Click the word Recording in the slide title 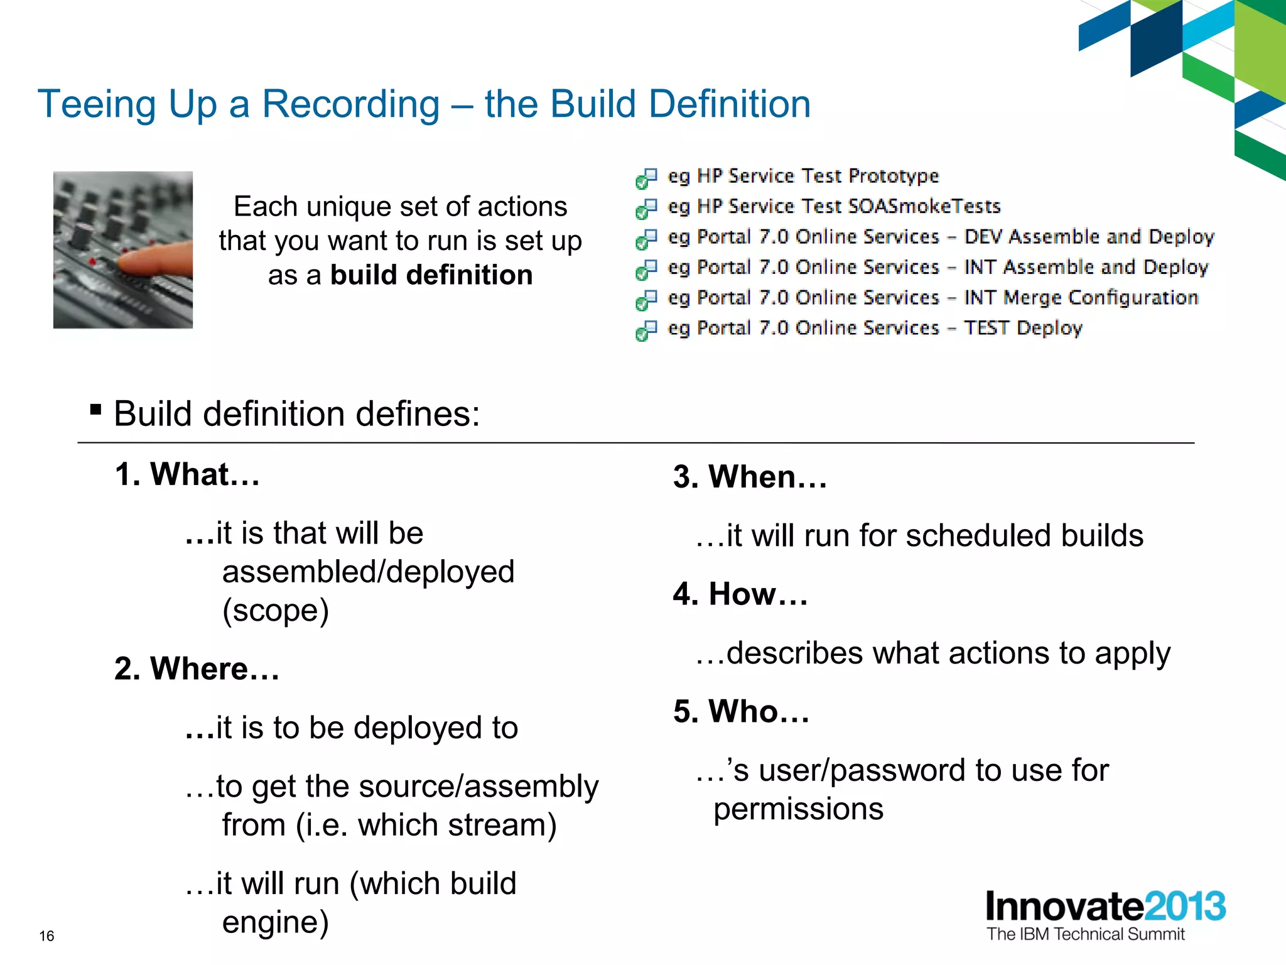(350, 104)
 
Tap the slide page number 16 (46, 936)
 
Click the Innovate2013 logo (1105, 906)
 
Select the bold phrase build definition (431, 275)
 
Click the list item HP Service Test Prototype (802, 176)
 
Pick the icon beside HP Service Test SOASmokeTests (646, 209)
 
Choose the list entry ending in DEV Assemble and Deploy (941, 237)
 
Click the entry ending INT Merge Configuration (933, 298)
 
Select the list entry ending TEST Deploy (875, 328)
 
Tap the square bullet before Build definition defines (95, 410)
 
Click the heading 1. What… (187, 474)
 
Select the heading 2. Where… (197, 668)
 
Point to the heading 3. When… (750, 477)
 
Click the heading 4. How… (740, 594)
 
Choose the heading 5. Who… (741, 712)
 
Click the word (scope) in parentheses (275, 611)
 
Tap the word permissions (798, 809)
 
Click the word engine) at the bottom (275, 922)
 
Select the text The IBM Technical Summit (1085, 934)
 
